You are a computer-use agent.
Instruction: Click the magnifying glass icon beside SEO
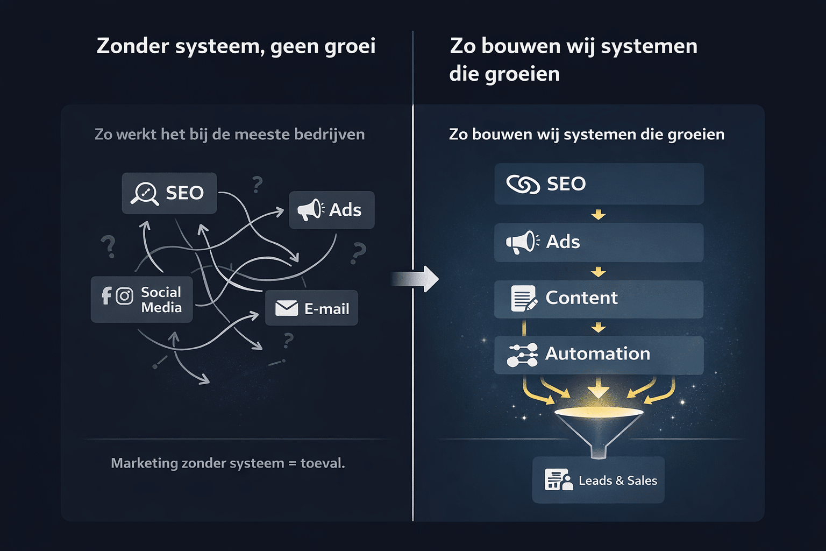click(144, 194)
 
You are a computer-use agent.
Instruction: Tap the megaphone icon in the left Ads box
click(310, 210)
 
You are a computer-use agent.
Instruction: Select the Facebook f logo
click(106, 295)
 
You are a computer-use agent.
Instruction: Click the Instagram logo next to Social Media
click(124, 296)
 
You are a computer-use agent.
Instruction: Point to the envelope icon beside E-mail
click(287, 308)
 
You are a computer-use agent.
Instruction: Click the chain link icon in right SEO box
click(523, 185)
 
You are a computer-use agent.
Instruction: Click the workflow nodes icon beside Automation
click(522, 355)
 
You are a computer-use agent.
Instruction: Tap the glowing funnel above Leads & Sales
click(599, 425)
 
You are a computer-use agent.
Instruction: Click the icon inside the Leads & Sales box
click(558, 479)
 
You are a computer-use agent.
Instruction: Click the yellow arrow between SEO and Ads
click(599, 215)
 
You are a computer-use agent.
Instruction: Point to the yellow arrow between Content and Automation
click(599, 328)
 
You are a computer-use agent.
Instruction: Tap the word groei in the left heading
click(350, 46)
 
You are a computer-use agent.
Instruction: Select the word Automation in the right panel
click(597, 354)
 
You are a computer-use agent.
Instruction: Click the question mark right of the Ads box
click(358, 253)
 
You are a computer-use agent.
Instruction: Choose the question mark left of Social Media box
click(109, 246)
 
